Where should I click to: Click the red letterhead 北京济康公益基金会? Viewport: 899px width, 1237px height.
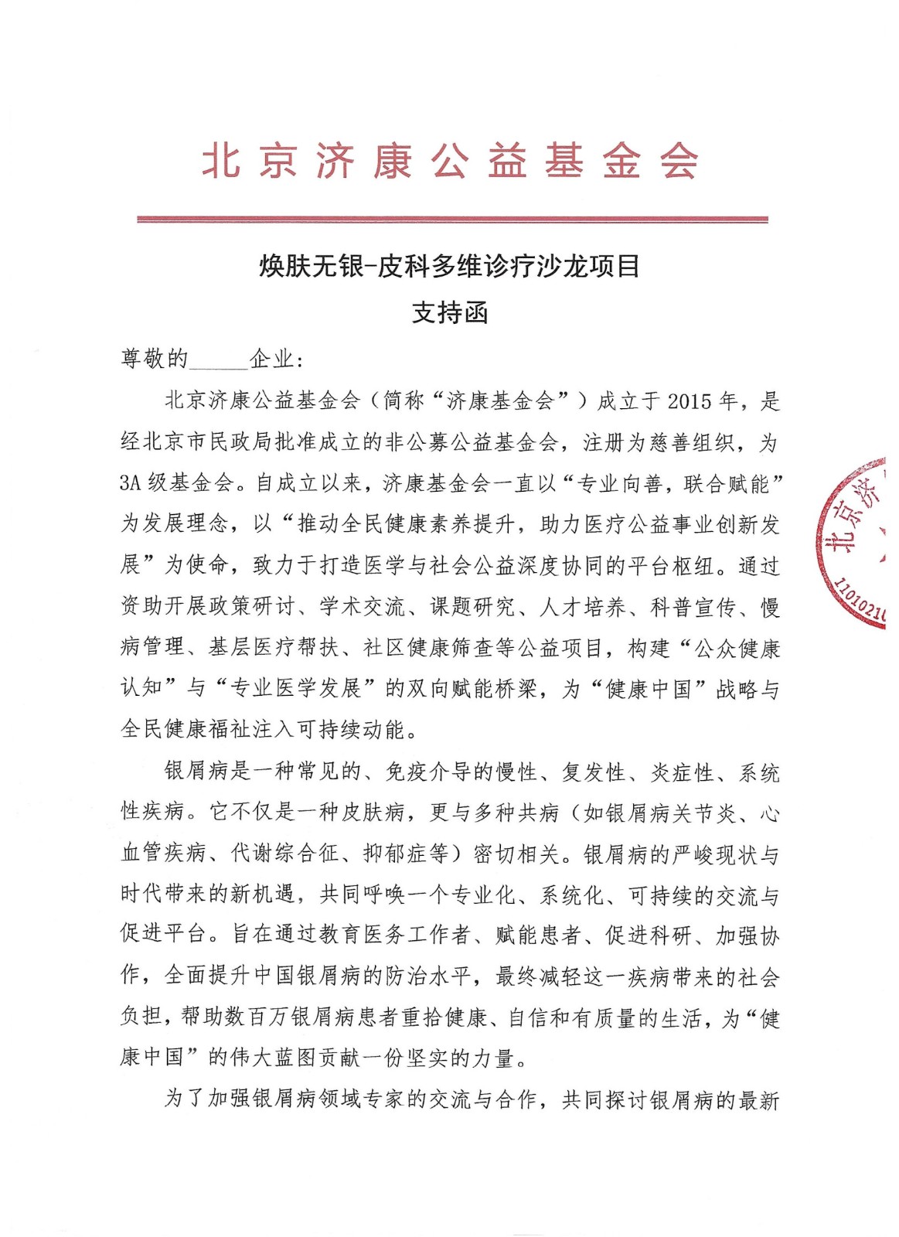450,162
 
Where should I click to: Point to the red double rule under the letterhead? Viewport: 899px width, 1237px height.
452,220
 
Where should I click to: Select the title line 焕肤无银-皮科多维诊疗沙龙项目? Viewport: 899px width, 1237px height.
449,267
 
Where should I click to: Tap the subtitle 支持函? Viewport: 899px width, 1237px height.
449,313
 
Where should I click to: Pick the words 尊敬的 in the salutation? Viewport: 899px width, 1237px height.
154,359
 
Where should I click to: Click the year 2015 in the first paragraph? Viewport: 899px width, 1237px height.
689,401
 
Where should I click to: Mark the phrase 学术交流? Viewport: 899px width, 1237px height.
362,607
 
